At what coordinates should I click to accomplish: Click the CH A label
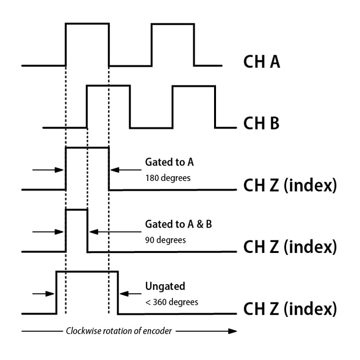[262, 62]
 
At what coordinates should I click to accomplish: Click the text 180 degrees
[168, 178]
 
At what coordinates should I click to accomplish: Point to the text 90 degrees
[166, 239]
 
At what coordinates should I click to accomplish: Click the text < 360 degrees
[171, 302]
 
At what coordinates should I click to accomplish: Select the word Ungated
[165, 287]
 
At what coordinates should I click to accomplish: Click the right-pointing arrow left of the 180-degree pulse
[48, 169]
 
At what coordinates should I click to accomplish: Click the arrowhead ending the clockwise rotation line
[232, 331]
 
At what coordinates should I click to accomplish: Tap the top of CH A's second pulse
[173, 24]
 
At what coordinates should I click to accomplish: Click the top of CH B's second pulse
[193, 86]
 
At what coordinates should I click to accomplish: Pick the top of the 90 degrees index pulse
[76, 210]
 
